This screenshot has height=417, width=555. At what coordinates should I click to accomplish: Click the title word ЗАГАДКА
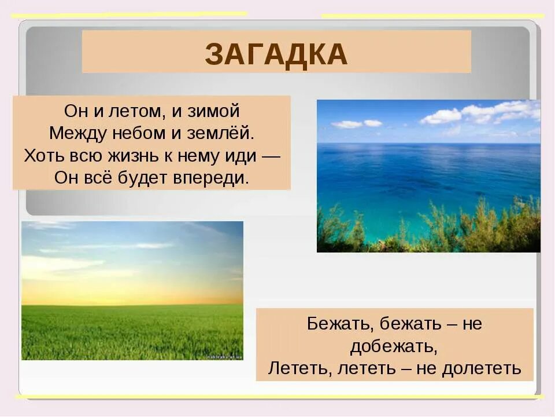(276, 54)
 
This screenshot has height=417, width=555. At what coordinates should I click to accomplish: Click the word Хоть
(42, 155)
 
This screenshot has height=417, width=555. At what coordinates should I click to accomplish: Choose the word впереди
(211, 177)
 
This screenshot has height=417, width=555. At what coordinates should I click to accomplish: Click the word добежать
(392, 346)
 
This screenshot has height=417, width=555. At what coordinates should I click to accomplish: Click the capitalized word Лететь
(294, 368)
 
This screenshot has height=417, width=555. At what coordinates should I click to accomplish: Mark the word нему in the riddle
(196, 155)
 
